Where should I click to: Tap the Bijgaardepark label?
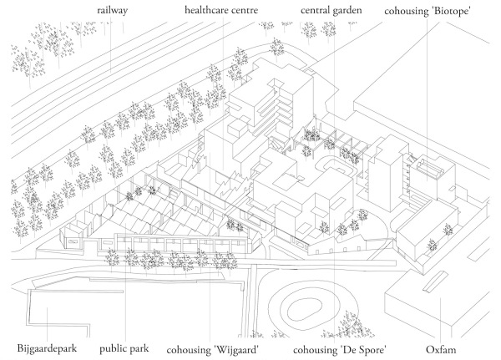[x=47, y=347]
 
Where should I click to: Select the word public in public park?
[x=113, y=347]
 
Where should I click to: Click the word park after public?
[x=140, y=347]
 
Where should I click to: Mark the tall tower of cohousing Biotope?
[x=385, y=171]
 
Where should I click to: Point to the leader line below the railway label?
[x=116, y=50]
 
